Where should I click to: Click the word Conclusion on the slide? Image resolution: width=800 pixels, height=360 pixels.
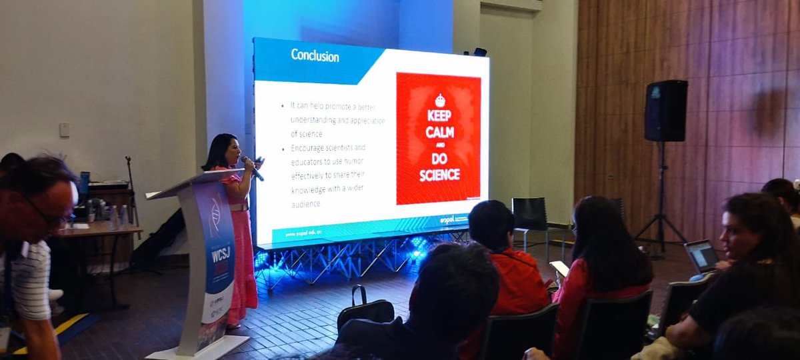[x=315, y=55]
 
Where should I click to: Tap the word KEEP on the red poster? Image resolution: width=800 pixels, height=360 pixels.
[x=439, y=115]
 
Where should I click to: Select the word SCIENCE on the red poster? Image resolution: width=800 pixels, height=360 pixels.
[x=439, y=175]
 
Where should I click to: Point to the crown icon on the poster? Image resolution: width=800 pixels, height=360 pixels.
[x=439, y=101]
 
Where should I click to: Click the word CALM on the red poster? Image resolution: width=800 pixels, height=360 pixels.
[x=439, y=132]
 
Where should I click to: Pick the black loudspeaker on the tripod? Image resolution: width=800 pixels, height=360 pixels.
[x=665, y=111]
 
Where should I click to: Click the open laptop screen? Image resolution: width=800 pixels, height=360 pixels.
[x=701, y=254]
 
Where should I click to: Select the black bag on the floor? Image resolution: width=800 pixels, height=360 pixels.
[x=365, y=310]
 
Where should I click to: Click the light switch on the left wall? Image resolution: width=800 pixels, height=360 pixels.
[x=65, y=130]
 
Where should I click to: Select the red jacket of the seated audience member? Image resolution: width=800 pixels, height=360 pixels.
[x=517, y=283]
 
